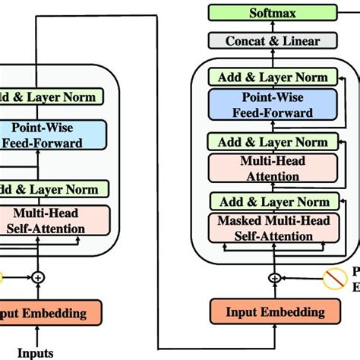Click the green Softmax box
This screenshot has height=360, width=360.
pos(273,13)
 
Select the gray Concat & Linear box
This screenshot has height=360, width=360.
pos(273,41)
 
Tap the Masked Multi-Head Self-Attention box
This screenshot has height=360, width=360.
pos(273,227)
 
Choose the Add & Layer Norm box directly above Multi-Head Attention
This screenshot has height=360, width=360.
pos(273,142)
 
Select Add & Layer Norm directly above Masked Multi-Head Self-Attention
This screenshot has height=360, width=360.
pos(273,201)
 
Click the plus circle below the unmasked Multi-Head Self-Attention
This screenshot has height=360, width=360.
pos(38,279)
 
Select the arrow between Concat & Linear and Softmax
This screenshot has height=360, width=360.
pos(273,27)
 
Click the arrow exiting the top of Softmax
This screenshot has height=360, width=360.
pos(273,3)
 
